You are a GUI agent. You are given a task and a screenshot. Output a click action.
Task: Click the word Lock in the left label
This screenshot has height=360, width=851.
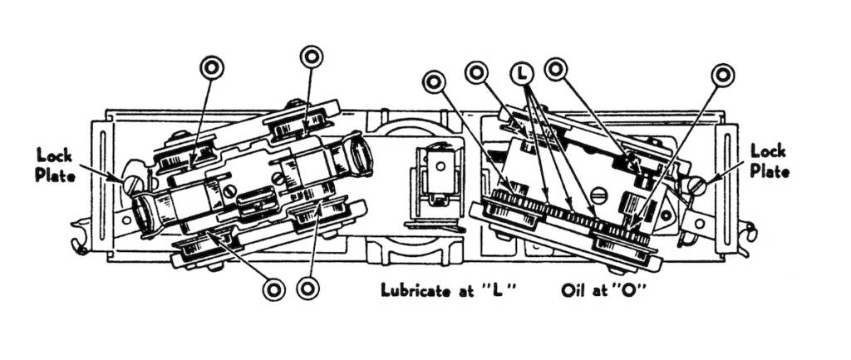pos(53,155)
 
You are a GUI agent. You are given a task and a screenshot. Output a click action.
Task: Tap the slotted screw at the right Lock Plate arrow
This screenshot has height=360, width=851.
pos(696,184)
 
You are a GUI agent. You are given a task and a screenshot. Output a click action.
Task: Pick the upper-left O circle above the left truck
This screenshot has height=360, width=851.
pos(212,67)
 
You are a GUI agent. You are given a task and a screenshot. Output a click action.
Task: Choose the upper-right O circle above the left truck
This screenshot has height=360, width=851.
pos(312,57)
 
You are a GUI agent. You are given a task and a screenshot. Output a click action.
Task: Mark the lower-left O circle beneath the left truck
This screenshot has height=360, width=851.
pos(273,288)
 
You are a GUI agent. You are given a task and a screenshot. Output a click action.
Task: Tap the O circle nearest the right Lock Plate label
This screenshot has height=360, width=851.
pos(723,74)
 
